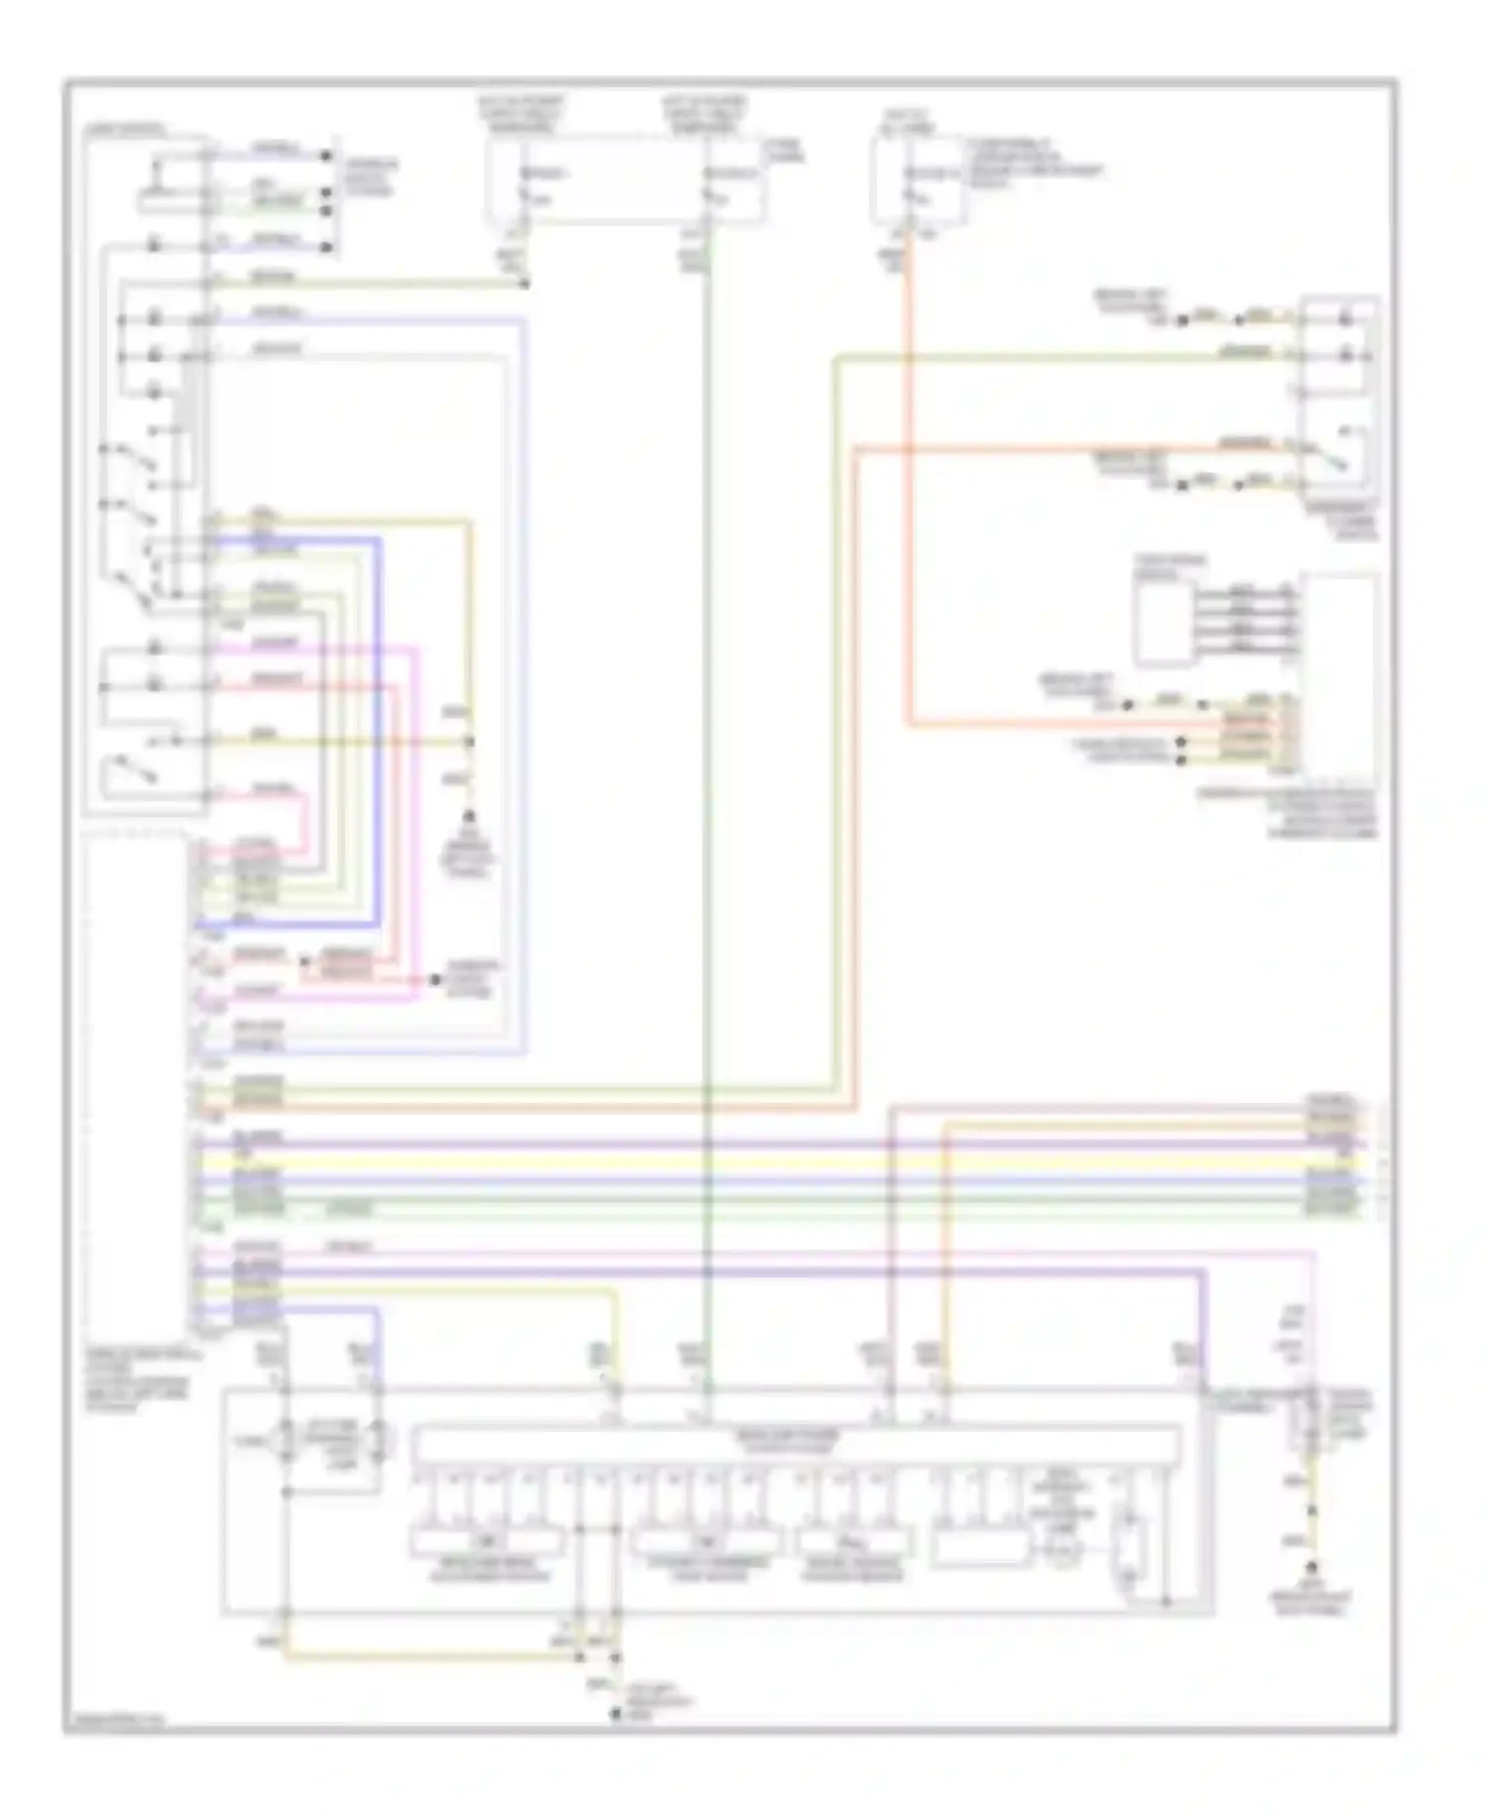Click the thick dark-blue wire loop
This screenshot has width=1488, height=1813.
pyautogui.click(x=379, y=734)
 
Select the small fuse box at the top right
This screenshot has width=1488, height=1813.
pyautogui.click(x=917, y=180)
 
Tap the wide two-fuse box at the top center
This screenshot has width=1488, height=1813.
pyautogui.click(x=625, y=180)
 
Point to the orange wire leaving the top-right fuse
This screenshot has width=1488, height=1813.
pyautogui.click(x=907, y=496)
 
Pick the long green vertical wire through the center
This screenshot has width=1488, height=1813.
pyautogui.click(x=707, y=793)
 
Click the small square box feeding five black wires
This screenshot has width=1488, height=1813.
pyautogui.click(x=1164, y=623)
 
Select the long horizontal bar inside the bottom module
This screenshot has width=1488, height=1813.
pyautogui.click(x=797, y=1444)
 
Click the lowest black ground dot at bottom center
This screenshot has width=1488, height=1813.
pyautogui.click(x=615, y=1714)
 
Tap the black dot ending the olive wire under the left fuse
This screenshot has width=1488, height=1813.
pyautogui.click(x=525, y=284)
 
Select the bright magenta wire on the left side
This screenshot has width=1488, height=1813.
pyautogui.click(x=417, y=823)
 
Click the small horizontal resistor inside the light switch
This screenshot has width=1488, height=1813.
pyautogui.click(x=170, y=203)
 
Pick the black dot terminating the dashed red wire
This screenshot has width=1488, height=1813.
pyautogui.click(x=434, y=980)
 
